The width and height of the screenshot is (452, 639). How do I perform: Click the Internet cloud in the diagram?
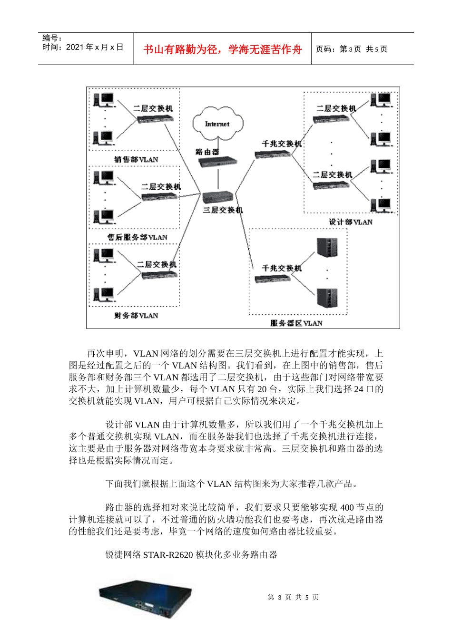click(x=217, y=124)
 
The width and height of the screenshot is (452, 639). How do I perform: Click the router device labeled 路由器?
click(x=217, y=162)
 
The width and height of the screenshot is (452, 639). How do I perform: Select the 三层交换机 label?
click(x=223, y=210)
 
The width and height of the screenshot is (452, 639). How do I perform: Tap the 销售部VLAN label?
click(x=136, y=159)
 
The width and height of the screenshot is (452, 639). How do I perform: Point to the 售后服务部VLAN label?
click(x=137, y=237)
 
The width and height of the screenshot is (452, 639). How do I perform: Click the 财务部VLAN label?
click(x=136, y=315)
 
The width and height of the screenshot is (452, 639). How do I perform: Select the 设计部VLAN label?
click(x=351, y=222)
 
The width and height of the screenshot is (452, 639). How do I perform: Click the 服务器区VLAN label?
click(x=296, y=323)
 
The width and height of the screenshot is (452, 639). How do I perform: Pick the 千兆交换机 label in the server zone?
click(x=282, y=268)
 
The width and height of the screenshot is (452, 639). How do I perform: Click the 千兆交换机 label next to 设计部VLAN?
click(x=282, y=143)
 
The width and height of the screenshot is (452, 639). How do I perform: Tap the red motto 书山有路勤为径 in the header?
click(x=223, y=49)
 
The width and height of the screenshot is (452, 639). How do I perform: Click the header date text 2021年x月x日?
click(x=95, y=47)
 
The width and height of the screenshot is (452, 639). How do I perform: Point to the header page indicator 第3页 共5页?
click(x=352, y=49)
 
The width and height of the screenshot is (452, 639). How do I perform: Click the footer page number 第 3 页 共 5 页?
click(x=293, y=597)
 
